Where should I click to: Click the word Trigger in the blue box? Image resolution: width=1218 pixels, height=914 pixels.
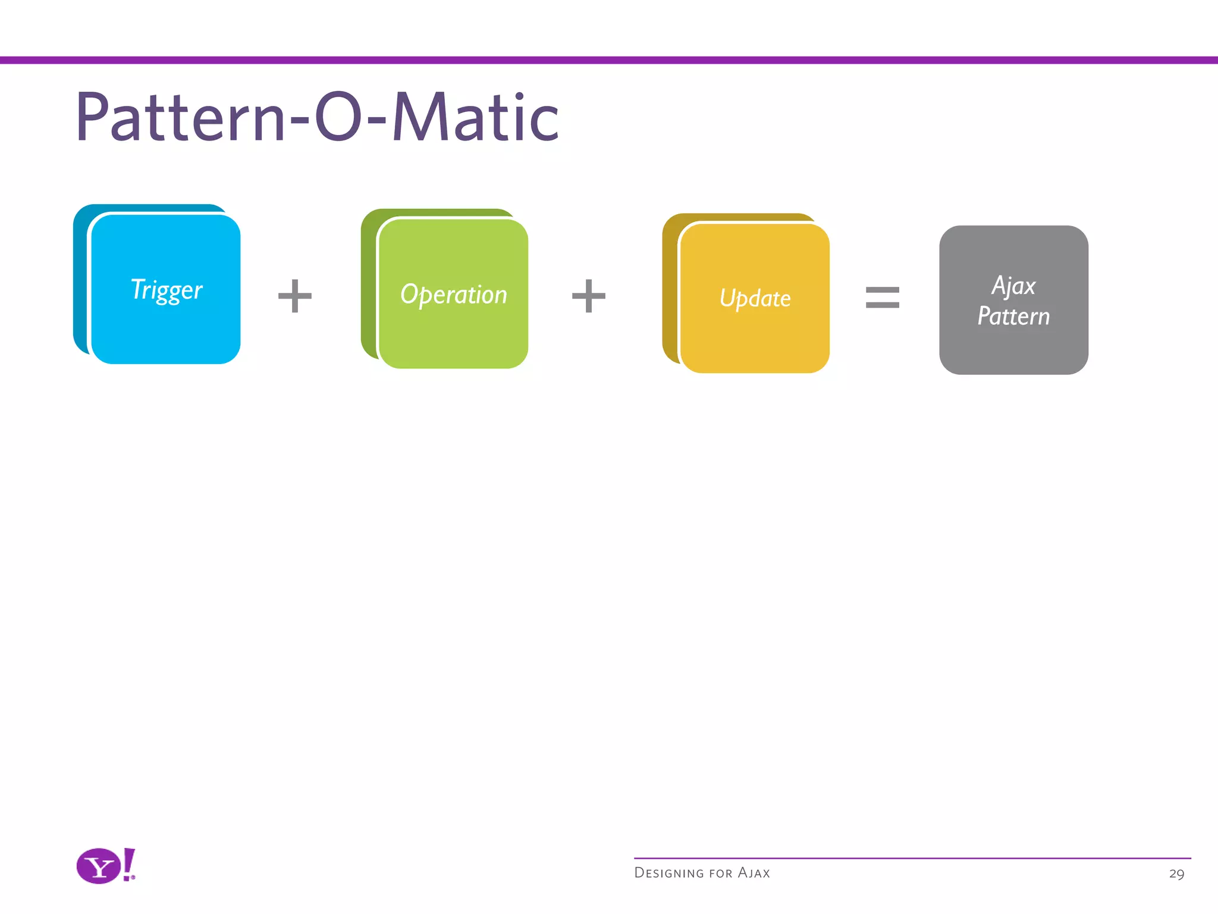[167, 290]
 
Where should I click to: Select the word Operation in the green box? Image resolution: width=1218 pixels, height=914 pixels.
[453, 295]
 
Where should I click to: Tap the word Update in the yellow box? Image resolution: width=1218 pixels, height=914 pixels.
[755, 298]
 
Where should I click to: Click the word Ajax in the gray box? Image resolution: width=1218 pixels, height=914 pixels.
[1013, 286]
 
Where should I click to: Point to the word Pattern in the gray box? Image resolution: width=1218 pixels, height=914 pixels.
[1013, 316]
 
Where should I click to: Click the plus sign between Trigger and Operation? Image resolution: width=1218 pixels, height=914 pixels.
[295, 296]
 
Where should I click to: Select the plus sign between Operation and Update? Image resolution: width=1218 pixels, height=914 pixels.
[588, 296]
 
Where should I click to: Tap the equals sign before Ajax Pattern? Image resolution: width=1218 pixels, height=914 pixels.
[882, 297]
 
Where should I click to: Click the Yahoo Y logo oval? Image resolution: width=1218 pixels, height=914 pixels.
[99, 866]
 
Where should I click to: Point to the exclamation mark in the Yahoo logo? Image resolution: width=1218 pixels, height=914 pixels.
[129, 864]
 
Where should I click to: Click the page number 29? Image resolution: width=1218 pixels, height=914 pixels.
[1176, 874]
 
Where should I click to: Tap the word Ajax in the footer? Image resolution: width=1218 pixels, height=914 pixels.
[754, 873]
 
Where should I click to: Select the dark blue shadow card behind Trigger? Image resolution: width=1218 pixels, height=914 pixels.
[80, 280]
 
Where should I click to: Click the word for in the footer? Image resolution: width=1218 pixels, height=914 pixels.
[720, 874]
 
